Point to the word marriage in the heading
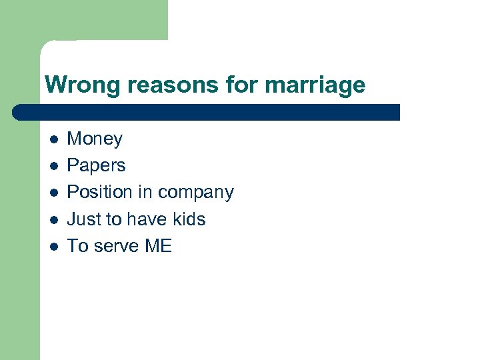[315, 86]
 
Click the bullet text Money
[95, 139]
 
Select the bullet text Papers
[96, 165]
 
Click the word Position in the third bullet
[100, 192]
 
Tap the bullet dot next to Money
[54, 139]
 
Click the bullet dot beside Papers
[54, 166]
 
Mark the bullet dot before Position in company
[54, 193]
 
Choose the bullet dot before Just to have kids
[54, 219]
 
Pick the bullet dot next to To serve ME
[54, 246]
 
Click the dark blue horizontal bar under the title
[207, 112]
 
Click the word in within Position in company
[145, 192]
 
